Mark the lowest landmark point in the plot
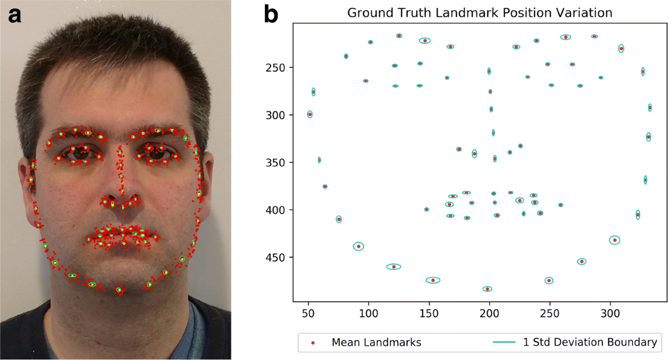point(488,289)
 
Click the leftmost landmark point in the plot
point(310,114)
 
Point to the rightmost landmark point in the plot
point(650,107)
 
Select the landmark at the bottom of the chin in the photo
point(119,290)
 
